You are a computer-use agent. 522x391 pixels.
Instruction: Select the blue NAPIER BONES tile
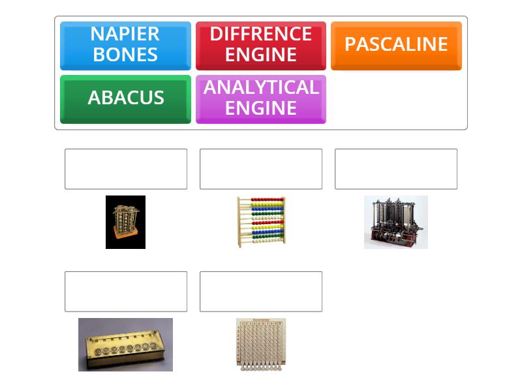click(125, 45)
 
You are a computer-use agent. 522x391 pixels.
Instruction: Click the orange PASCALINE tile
click(396, 45)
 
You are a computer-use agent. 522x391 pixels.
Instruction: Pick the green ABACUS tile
click(125, 98)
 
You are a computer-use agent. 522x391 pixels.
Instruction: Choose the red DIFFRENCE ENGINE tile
click(260, 45)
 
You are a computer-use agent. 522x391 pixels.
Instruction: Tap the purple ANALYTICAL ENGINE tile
click(260, 98)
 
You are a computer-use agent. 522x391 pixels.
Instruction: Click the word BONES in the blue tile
click(125, 55)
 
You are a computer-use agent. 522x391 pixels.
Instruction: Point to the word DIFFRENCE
click(260, 34)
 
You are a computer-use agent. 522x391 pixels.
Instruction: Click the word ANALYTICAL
click(260, 88)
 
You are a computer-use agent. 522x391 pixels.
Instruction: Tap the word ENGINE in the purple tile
click(260, 108)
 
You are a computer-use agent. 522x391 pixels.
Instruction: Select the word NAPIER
click(125, 34)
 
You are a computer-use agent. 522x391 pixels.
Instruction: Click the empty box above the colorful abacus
click(260, 169)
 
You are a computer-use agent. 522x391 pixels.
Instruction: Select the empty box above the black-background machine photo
click(125, 169)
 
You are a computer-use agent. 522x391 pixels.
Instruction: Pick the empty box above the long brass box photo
click(125, 291)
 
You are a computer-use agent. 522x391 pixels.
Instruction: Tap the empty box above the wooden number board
click(260, 291)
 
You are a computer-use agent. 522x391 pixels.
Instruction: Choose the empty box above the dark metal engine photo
click(395, 169)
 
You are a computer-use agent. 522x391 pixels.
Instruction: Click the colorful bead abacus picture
click(260, 222)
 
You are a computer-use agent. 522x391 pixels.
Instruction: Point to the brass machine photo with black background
click(125, 222)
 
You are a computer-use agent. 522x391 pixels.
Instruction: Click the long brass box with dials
click(125, 344)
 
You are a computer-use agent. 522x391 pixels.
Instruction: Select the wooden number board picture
click(260, 344)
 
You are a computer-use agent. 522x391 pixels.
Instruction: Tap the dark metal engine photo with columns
click(395, 222)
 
